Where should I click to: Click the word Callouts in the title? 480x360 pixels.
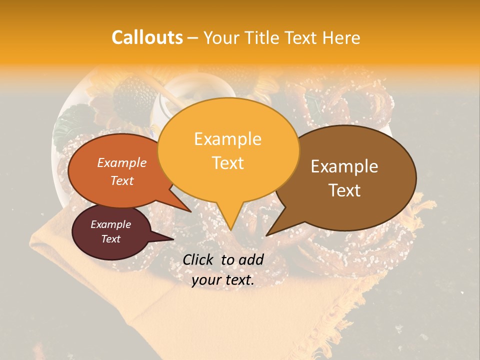point(147,37)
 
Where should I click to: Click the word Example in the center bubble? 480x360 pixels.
point(227,139)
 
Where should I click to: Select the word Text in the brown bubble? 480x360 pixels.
point(344,190)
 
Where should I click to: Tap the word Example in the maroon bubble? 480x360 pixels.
point(110,224)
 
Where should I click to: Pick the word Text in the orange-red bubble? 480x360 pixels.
point(121,181)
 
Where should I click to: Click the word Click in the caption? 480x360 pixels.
point(198,259)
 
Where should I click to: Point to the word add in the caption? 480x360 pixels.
point(252,259)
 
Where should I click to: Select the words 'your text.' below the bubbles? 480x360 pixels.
point(222,280)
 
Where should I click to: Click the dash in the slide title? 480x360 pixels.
point(193,38)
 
